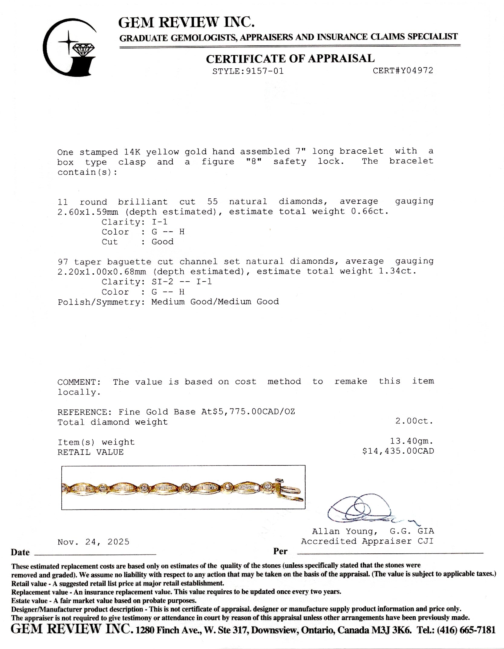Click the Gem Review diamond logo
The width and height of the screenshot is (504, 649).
pos(70,48)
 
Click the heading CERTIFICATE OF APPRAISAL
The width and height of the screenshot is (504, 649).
pos(290,59)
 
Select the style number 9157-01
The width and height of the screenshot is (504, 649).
pos(265,71)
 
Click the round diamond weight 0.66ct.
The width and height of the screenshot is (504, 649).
pos(369,211)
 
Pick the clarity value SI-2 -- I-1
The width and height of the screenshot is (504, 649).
pos(182,282)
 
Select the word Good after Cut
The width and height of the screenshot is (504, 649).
pos(162,242)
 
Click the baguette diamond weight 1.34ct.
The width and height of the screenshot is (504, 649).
pos(397,271)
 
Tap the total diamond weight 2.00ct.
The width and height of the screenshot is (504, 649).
pos(414,421)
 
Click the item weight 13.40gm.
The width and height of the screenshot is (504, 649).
pos(411,441)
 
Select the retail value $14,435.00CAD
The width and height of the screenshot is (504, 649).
pos(398,451)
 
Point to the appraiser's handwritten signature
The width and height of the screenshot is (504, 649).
pos(366,510)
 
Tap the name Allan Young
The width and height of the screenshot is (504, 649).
pos(345,531)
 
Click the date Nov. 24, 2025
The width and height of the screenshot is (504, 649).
pos(93,542)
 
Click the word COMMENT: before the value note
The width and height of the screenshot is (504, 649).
pos(79,382)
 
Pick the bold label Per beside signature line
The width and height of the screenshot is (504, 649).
pos(280,551)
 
